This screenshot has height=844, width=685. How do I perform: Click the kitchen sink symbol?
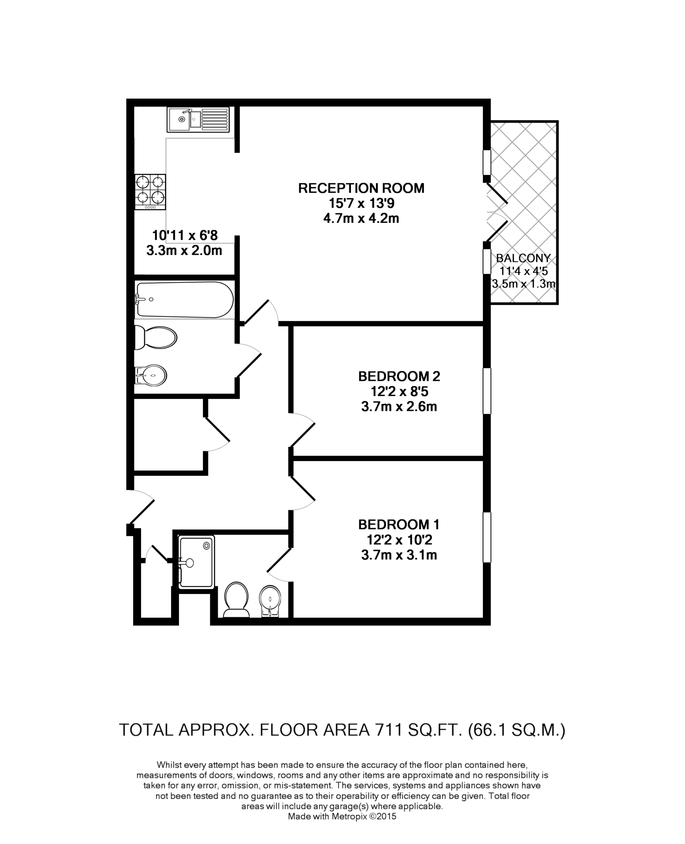[198, 120]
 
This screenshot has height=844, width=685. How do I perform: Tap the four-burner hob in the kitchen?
[151, 192]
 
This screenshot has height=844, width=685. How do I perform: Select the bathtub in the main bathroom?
[184, 300]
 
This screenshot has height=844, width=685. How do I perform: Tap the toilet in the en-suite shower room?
[236, 599]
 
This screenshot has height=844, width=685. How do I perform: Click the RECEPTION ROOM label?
[361, 188]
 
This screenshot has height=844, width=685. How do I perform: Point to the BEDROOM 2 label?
[399, 376]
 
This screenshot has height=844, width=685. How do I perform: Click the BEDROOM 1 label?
[399, 525]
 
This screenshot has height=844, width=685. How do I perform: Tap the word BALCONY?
[523, 258]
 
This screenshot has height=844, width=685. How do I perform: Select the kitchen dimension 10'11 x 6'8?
[185, 236]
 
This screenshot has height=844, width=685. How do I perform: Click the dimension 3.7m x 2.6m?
[399, 407]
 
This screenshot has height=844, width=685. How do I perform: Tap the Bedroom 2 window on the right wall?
[487, 391]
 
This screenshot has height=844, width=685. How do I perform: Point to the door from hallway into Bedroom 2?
[303, 431]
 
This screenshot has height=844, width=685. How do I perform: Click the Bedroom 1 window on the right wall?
[487, 537]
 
